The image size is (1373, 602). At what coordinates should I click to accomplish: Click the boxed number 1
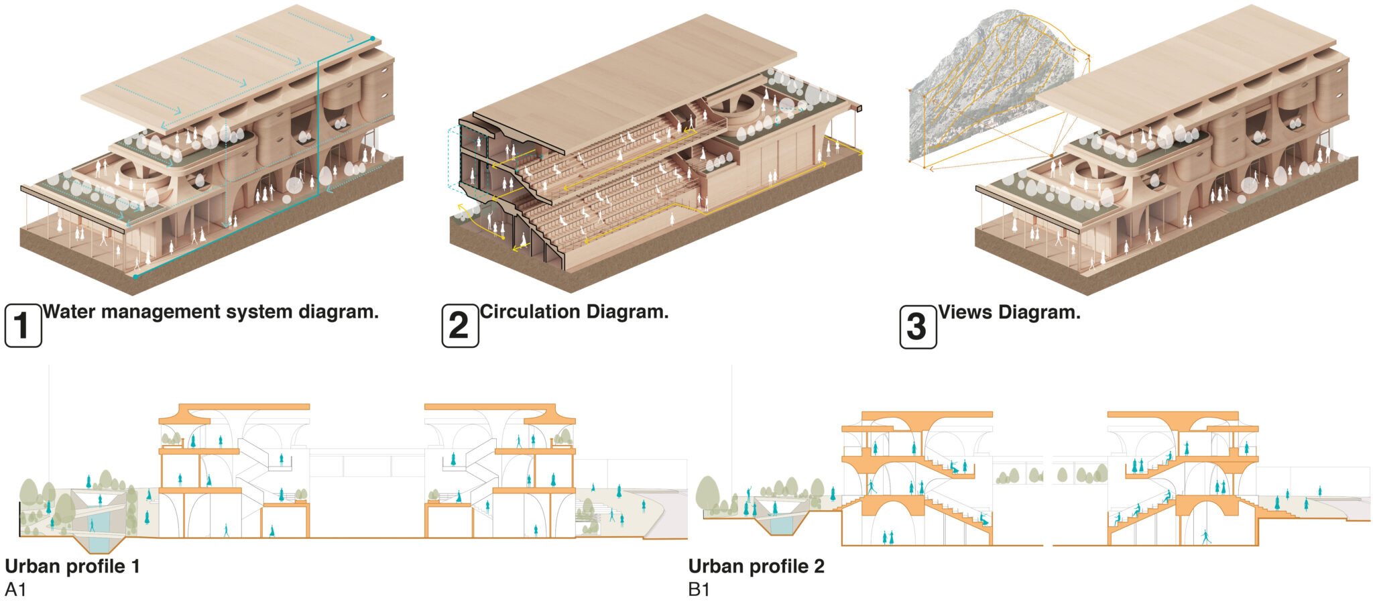23,326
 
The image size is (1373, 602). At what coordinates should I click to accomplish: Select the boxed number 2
460,326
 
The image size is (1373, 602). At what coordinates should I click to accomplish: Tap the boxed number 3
917,326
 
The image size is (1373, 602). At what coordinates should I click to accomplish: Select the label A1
15,590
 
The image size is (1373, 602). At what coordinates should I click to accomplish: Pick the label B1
699,590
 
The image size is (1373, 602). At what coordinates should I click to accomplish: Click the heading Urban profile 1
72,566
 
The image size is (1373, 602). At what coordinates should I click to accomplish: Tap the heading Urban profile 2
756,566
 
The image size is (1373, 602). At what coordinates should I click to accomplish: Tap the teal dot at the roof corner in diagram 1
373,39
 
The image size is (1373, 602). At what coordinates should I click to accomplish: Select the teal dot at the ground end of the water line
135,276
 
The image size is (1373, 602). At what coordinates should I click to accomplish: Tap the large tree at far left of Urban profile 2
707,494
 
